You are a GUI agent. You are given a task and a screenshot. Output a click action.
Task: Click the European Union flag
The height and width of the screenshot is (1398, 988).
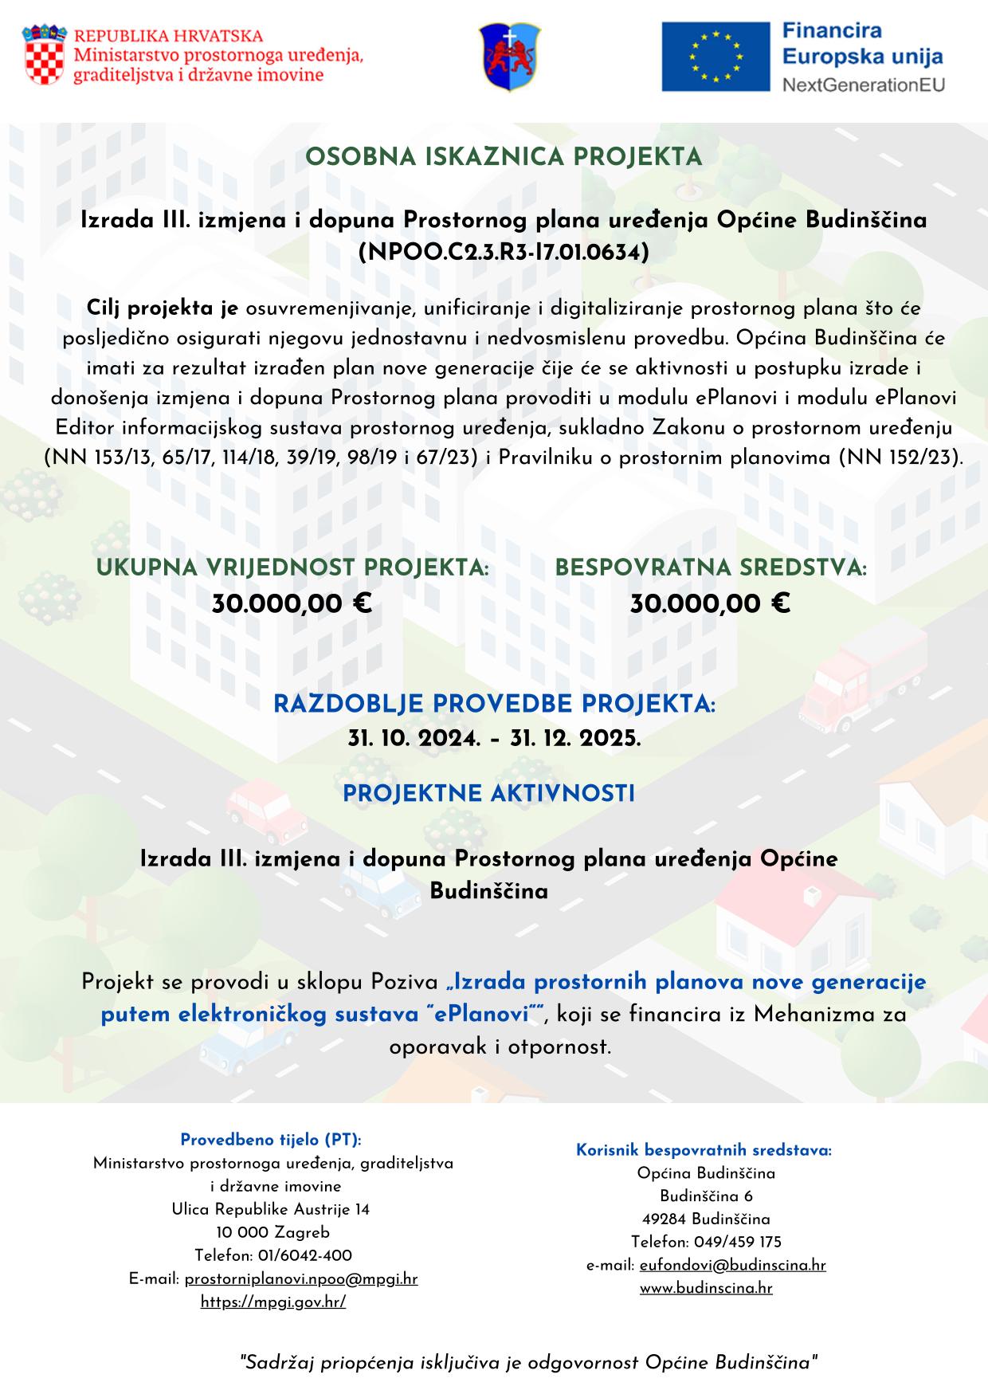(x=715, y=57)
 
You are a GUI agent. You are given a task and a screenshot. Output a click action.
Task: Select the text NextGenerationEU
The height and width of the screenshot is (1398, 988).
(x=862, y=84)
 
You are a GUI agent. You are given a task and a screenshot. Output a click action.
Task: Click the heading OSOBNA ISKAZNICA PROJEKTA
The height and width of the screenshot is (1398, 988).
(x=504, y=157)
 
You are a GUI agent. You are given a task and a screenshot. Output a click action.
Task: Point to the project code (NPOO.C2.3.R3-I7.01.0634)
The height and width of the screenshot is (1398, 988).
(x=504, y=252)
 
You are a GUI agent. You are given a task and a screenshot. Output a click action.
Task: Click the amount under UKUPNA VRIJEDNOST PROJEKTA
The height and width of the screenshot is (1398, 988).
(x=292, y=604)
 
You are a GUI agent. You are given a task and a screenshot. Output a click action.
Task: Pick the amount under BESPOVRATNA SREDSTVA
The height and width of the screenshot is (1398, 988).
(x=710, y=604)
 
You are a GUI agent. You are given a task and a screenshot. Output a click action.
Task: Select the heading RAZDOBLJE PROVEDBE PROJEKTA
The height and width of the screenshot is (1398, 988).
(x=494, y=705)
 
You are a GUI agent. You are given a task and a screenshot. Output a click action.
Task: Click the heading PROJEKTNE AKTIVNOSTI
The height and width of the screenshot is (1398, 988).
(x=488, y=794)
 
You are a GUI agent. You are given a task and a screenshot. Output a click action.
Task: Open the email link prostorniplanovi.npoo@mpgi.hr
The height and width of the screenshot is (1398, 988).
(x=301, y=1279)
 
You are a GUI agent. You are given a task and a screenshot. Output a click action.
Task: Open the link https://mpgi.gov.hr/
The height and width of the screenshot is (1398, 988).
(x=273, y=1302)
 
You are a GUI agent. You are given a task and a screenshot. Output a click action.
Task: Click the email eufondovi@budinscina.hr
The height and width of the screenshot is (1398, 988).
(x=732, y=1265)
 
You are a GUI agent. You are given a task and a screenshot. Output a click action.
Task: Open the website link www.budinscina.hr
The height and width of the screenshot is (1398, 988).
(x=706, y=1288)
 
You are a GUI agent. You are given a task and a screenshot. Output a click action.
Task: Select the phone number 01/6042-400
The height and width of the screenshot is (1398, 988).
(x=305, y=1256)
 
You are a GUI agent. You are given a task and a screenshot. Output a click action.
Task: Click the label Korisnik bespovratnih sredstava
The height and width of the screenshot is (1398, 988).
(x=704, y=1150)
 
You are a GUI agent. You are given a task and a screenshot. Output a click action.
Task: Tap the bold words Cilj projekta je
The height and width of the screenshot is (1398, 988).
(x=163, y=308)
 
